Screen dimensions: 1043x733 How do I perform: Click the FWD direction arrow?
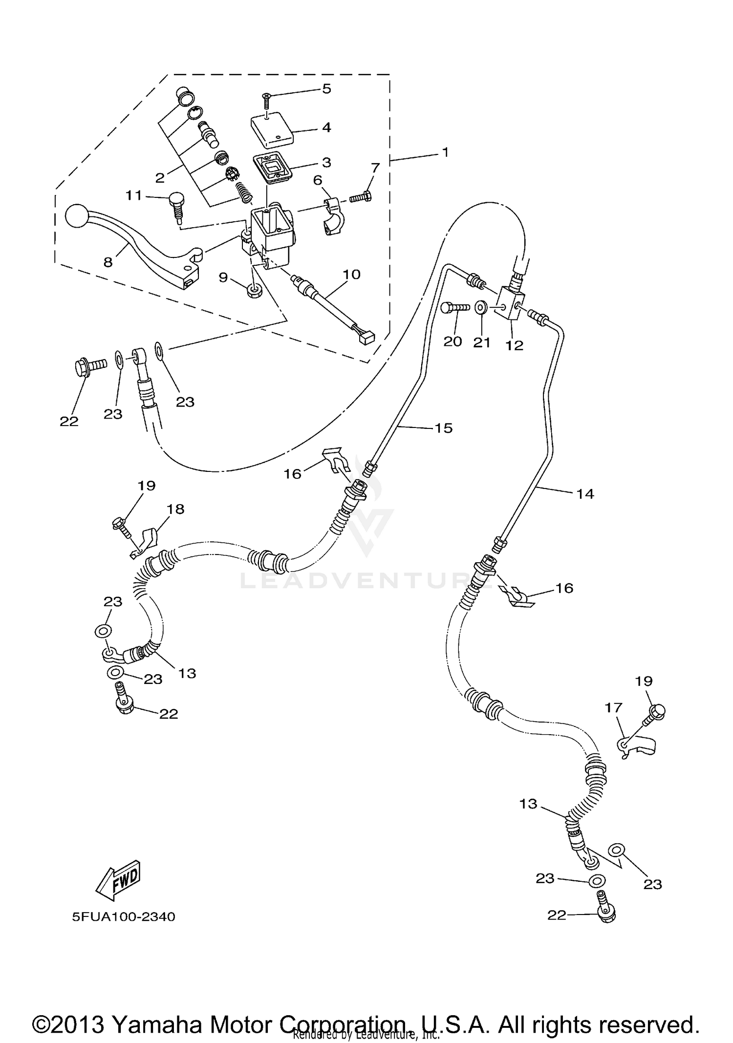118,880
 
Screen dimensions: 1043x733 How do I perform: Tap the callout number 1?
445,152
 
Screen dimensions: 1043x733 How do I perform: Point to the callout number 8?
108,262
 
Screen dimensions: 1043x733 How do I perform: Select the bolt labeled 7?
361,197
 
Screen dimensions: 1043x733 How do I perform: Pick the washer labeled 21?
481,308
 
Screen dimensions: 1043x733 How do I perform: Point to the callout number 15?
444,428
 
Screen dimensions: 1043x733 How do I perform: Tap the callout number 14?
585,494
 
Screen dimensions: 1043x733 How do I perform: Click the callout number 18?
175,509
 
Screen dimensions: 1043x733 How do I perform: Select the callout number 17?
614,707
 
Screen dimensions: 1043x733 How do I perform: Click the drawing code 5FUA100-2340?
124,916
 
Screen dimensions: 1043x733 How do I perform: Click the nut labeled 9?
254,292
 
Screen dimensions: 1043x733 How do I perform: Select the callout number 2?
160,178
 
